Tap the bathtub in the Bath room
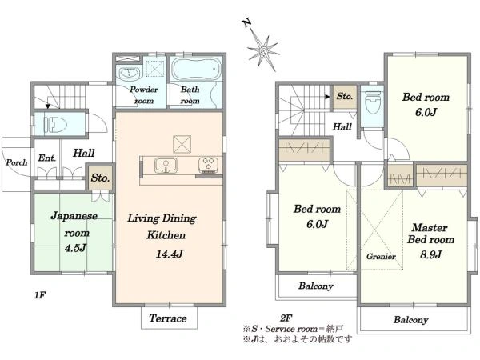pos(196,69)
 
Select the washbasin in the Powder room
pos(129,74)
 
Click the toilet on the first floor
pos(55,124)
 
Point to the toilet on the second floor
pos(372,102)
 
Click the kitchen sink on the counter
pos(166,166)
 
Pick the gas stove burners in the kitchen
pos(208,164)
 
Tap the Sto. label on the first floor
pos(100,178)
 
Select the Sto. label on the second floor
pos(345,96)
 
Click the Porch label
pos(17,162)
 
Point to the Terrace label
pos(168,318)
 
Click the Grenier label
pos(381,256)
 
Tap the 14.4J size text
pos(170,254)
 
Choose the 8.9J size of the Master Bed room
pos(430,254)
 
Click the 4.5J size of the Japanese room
pos(75,247)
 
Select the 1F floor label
pos(40,295)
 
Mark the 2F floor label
pos(286,318)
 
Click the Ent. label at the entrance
pos(47,158)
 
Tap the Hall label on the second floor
pos(342,126)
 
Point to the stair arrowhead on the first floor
pos(48,106)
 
